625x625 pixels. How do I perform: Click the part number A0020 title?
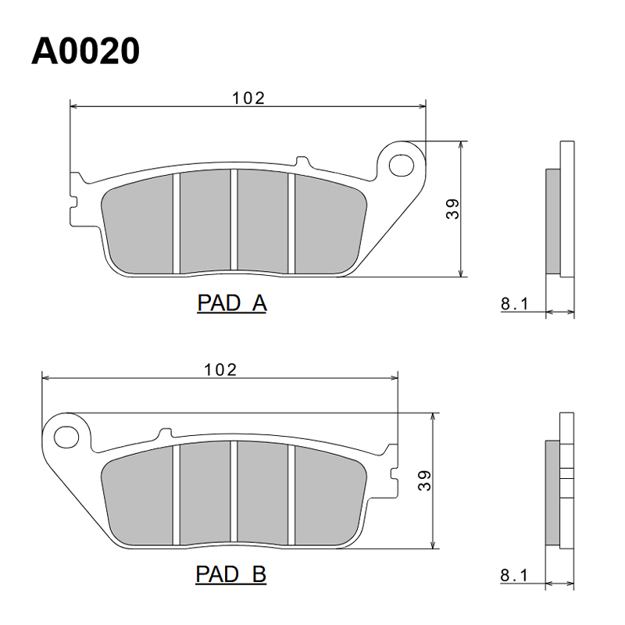[x=85, y=51]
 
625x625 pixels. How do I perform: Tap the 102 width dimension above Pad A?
[x=248, y=98]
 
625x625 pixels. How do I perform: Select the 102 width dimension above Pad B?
[x=220, y=370]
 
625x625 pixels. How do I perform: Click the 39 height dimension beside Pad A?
[x=452, y=209]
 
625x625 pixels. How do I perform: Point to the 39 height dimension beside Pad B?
[x=424, y=480]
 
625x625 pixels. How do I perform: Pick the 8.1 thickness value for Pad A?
[x=514, y=304]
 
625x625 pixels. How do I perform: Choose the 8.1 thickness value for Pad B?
[x=514, y=575]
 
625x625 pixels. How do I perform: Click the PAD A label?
[x=232, y=303]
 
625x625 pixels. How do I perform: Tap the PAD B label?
[x=230, y=574]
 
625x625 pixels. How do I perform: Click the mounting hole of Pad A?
[x=401, y=165]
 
